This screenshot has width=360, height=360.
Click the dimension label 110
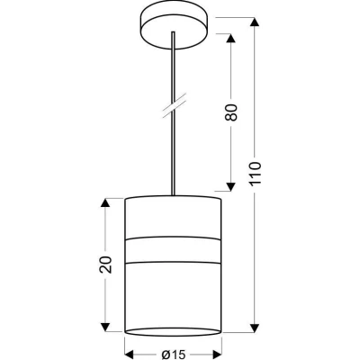coord(255,174)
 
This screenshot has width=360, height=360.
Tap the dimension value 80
coord(230,112)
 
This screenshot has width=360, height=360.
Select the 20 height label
coord(105,265)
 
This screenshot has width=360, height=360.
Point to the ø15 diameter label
coord(174,355)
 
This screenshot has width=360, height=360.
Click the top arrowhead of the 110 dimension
coord(255,22)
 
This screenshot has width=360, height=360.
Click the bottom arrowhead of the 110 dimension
coord(255,328)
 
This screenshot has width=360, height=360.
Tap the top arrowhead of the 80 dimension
coord(230,38)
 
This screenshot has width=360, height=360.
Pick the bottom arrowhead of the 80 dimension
coord(230,186)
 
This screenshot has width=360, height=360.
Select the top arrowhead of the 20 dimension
coord(104,202)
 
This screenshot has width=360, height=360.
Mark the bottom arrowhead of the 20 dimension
coord(104,328)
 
